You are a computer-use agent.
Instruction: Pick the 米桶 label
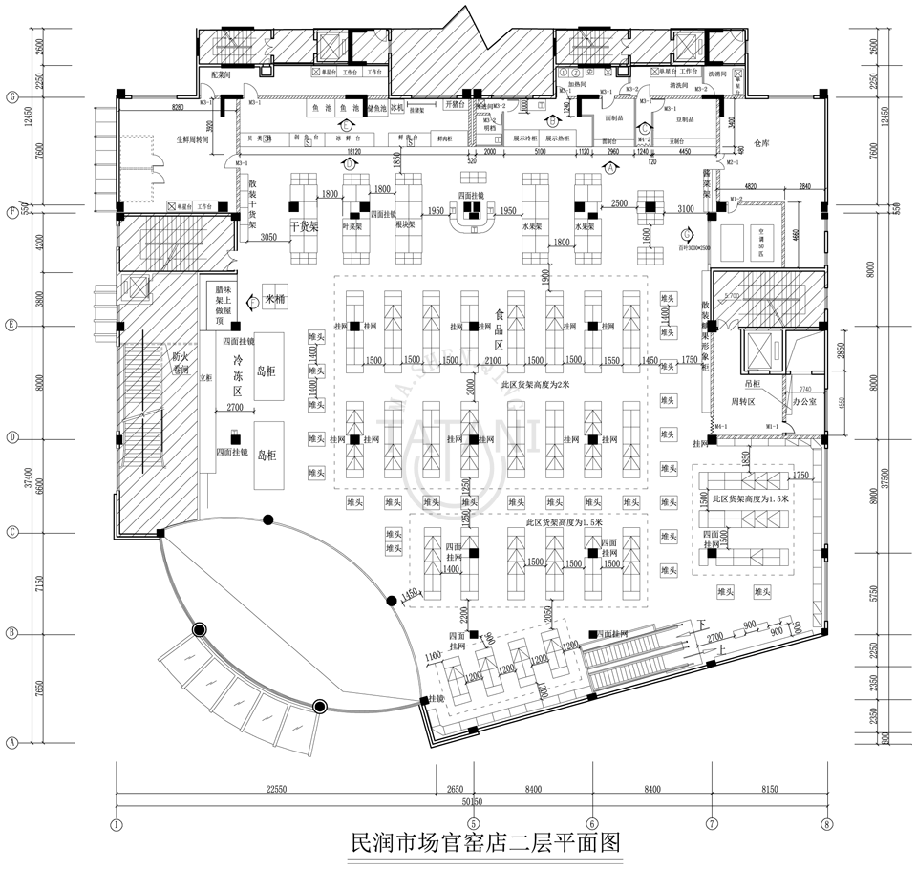coord(276,299)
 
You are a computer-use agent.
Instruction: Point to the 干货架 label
coord(303,227)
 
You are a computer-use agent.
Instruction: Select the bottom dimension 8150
coord(769,789)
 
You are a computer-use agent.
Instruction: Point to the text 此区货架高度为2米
coord(538,385)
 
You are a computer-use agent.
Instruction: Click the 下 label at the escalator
coord(704,624)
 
